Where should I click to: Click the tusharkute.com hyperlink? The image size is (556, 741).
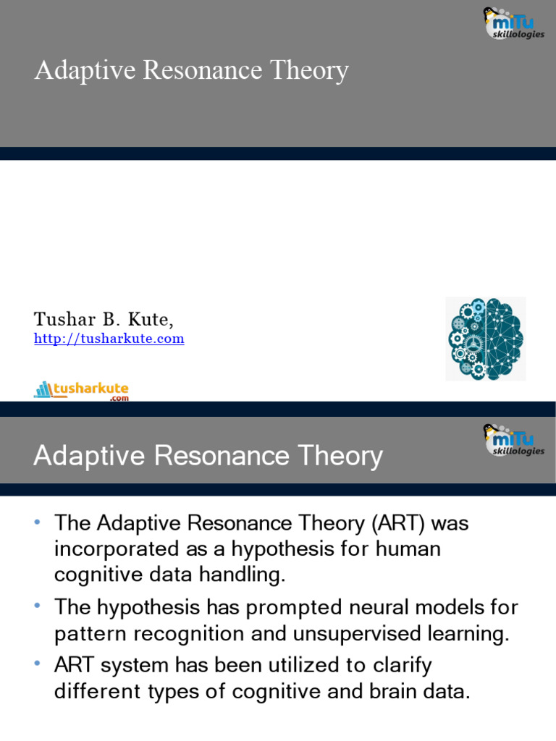[x=109, y=339]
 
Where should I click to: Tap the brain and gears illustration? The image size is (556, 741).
[x=485, y=339]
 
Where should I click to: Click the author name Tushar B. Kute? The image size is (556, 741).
[x=104, y=319]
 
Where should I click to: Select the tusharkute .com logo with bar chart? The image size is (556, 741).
[x=81, y=391]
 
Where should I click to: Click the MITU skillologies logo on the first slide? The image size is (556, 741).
[x=513, y=23]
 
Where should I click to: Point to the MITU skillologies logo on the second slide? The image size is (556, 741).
[x=513, y=440]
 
